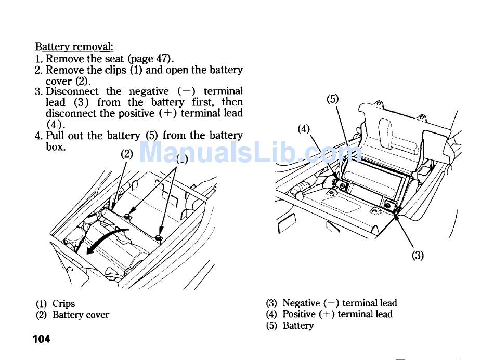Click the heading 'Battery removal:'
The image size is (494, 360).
[x=74, y=47]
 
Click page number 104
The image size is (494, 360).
[x=42, y=339]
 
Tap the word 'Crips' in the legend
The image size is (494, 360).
[x=63, y=304]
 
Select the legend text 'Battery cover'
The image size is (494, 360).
[x=81, y=315]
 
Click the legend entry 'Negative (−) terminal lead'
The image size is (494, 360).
[x=339, y=303]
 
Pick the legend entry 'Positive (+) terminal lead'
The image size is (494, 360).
[x=337, y=314]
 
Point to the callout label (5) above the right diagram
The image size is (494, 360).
[x=333, y=99]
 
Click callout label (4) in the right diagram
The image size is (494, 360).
[x=304, y=128]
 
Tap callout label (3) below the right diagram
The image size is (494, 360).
[x=418, y=255]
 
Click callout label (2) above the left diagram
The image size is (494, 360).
[x=127, y=154]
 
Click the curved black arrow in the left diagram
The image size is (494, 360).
[x=107, y=241]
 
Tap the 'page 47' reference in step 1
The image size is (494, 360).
[x=149, y=59]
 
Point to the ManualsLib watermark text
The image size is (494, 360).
[x=250, y=152]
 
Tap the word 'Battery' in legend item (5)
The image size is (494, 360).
[x=298, y=326]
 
